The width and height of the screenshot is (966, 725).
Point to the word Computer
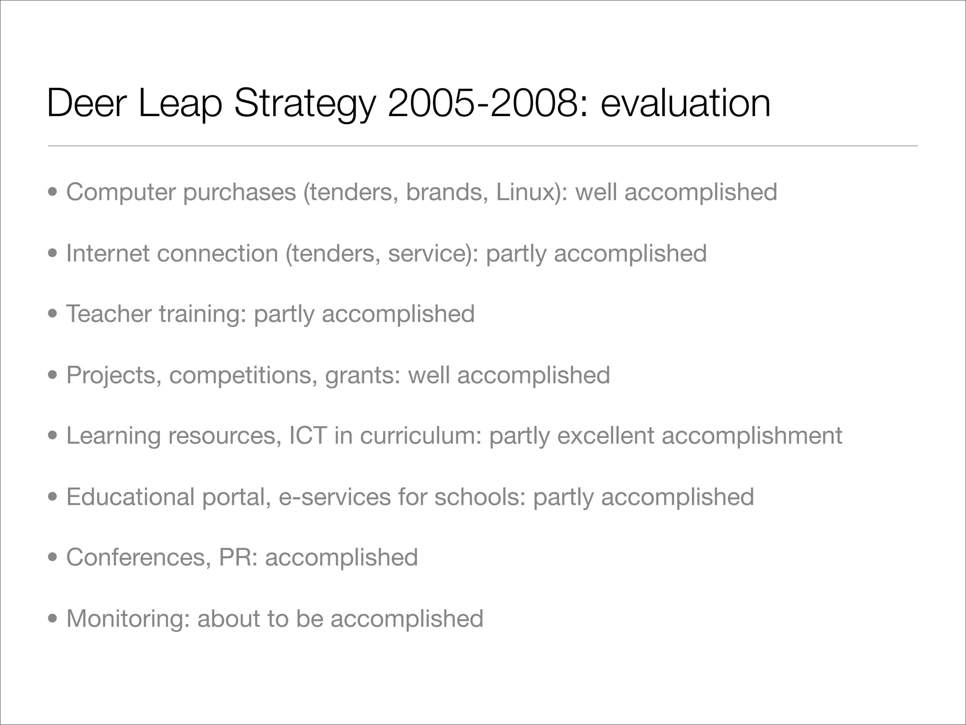coord(120,192)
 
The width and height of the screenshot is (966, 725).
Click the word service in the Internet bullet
coord(427,253)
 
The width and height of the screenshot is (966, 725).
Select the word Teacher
coord(108,314)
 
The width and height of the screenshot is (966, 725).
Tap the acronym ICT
coord(308,435)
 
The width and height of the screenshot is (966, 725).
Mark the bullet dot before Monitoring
coord(53,618)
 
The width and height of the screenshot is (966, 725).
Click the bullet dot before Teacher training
coord(53,314)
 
